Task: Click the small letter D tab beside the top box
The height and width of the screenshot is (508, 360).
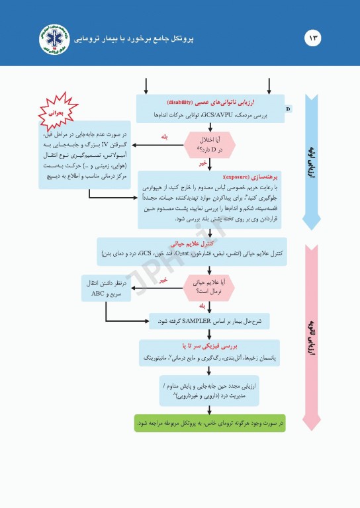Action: coord(288,107)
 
